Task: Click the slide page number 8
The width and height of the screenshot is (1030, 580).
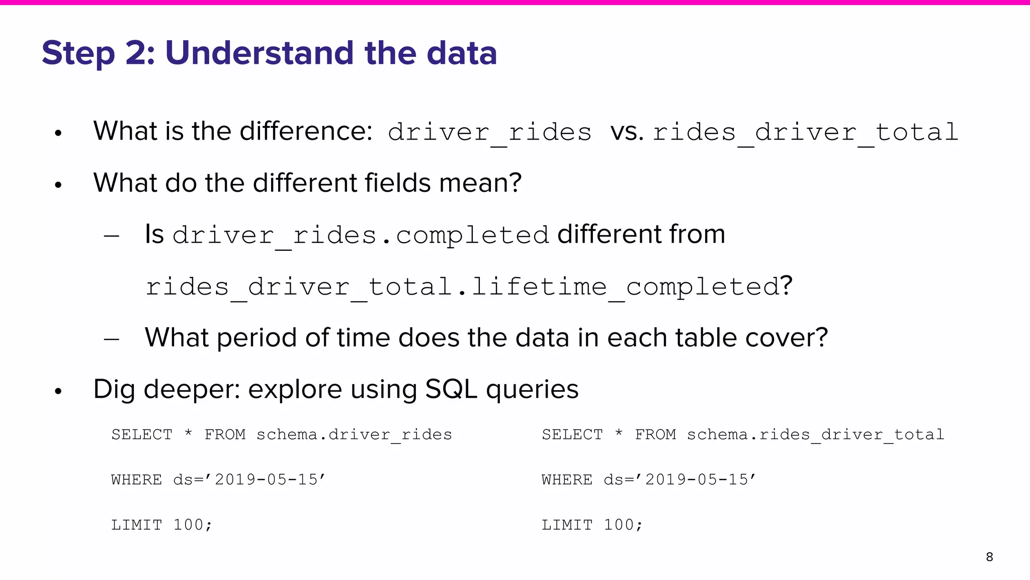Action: point(989,557)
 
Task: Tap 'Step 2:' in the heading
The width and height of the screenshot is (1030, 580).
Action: point(99,53)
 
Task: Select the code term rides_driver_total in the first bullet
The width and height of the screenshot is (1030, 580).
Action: point(805,132)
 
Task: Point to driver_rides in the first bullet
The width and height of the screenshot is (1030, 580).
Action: point(489,132)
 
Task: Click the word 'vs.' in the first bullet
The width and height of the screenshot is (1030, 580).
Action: point(627,132)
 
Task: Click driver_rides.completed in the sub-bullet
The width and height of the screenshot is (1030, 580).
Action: point(360,235)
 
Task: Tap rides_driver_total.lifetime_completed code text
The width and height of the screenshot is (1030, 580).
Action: point(462,287)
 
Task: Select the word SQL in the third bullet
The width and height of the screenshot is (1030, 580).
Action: point(451,390)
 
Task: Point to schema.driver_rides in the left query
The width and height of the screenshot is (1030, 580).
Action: point(354,434)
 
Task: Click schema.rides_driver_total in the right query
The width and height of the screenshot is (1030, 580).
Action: point(815,434)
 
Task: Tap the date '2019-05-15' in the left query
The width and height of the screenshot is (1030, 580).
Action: point(270,479)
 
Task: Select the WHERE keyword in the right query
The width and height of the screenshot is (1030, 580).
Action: point(567,479)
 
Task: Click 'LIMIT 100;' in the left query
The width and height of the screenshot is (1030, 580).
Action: point(161,525)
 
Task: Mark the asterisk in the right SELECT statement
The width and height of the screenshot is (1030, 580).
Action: point(619,433)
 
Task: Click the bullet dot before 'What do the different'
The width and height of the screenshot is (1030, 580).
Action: point(58,185)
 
